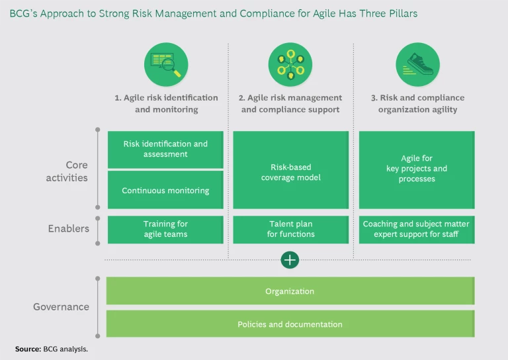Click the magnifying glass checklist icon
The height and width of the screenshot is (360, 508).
point(166,64)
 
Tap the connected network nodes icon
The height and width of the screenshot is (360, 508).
point(290,64)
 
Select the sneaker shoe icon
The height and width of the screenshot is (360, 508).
point(417,64)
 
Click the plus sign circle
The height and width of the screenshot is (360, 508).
point(290,260)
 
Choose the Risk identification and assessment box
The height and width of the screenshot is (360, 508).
point(165,149)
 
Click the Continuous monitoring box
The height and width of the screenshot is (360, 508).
point(165,191)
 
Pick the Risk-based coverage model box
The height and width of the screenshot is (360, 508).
point(291,172)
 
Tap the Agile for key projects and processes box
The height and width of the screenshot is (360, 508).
point(417,169)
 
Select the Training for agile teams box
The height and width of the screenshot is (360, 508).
point(165,229)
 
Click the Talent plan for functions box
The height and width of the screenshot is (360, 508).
point(291,229)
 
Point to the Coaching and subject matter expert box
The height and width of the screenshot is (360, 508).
point(417,229)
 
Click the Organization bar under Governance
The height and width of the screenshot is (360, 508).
point(290,291)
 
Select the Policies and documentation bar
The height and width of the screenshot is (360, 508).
point(290,324)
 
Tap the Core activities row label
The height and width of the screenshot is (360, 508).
point(67,171)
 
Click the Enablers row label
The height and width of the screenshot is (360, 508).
point(69,229)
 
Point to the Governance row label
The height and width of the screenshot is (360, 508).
point(62,307)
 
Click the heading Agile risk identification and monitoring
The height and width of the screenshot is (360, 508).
point(166,103)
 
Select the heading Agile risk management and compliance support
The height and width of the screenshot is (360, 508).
point(290,103)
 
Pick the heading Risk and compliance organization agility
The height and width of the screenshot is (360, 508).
point(417,103)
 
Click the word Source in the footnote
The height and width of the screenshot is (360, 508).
point(27,348)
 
